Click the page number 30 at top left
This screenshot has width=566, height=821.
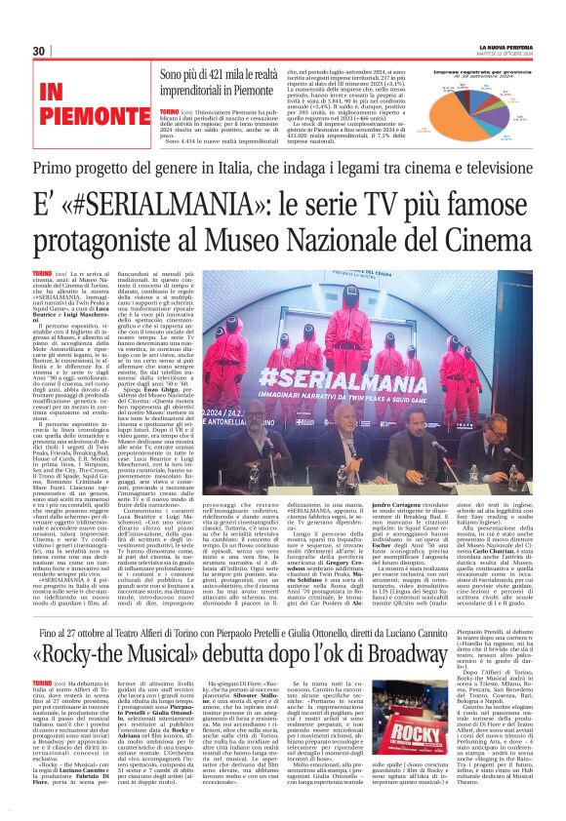tap(39, 51)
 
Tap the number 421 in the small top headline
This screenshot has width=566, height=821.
tap(222, 74)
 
